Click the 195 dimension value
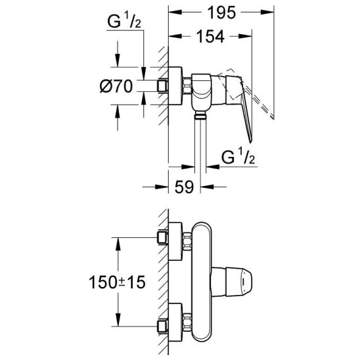click(x=221, y=12)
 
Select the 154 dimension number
click(x=210, y=36)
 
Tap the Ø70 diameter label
click(x=116, y=86)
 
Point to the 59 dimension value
click(x=184, y=187)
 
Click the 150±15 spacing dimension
click(x=117, y=282)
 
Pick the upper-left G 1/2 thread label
click(x=124, y=21)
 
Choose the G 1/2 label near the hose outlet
click(x=238, y=157)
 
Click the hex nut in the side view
click(x=187, y=86)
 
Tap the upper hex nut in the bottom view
click(x=187, y=241)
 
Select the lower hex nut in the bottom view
click(x=187, y=322)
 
